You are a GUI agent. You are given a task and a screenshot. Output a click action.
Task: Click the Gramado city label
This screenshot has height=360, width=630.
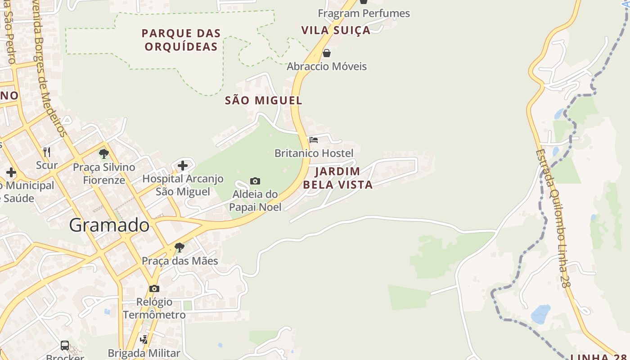(109, 225)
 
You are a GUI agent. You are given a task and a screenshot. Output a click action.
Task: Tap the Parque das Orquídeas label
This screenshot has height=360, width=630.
(181, 40)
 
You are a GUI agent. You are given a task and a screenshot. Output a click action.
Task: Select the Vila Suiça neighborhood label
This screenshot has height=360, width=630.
(336, 30)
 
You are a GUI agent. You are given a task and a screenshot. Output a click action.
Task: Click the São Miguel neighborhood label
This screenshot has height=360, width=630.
(263, 100)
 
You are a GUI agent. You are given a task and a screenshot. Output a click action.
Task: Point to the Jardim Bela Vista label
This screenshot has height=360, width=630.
(337, 178)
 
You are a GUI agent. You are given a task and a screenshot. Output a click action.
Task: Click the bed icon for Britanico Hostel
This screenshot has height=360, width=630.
(314, 140)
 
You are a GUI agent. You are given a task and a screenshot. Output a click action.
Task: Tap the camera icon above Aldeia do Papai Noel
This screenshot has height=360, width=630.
(255, 181)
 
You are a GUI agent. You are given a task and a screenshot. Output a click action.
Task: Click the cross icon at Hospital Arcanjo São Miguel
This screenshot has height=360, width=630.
(183, 166)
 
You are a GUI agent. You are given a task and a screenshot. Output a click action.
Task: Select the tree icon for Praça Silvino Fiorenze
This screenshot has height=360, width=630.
(104, 154)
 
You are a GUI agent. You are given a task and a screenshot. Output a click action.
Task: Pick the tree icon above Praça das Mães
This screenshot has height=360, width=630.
(180, 247)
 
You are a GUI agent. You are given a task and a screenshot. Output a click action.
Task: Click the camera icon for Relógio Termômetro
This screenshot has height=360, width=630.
(154, 288)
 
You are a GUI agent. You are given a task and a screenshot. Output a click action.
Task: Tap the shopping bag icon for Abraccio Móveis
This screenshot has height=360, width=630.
(327, 53)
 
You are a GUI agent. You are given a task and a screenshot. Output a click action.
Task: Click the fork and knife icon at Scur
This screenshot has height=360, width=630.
(47, 152)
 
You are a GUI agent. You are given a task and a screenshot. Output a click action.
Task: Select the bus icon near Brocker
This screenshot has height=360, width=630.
(65, 345)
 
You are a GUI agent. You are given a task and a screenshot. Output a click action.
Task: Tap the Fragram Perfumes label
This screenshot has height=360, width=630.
(364, 13)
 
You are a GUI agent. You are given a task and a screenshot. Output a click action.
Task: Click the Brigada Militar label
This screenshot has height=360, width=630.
(144, 353)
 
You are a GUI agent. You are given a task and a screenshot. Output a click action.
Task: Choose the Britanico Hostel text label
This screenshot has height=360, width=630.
(314, 153)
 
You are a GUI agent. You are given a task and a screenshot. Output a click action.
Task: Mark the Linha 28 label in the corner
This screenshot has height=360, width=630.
(598, 356)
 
